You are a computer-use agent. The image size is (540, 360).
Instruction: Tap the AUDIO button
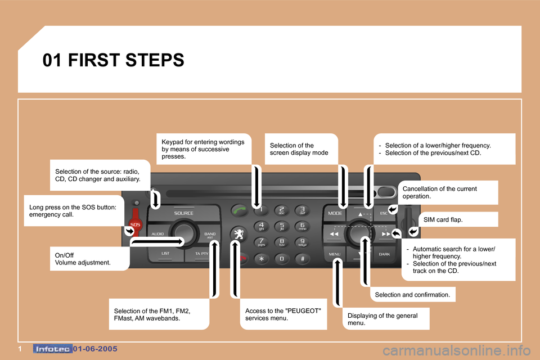[158, 233]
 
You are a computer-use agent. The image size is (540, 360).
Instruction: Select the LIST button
[165, 254]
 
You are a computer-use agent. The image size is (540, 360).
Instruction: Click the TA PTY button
[202, 254]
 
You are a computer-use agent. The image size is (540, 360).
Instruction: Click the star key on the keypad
[261, 258]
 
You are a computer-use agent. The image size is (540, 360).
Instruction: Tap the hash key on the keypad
[302, 258]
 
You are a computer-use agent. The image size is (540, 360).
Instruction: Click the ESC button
[384, 214]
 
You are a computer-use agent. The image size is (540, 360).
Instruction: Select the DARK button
[384, 254]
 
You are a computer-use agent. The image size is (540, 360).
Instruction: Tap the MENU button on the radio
[335, 254]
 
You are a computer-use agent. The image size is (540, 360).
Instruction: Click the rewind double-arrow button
[334, 233]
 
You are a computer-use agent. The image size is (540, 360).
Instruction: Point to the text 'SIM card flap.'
[443, 220]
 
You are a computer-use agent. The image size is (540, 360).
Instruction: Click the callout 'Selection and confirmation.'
[412, 294]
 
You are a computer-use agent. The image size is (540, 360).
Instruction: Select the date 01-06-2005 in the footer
[95, 349]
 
